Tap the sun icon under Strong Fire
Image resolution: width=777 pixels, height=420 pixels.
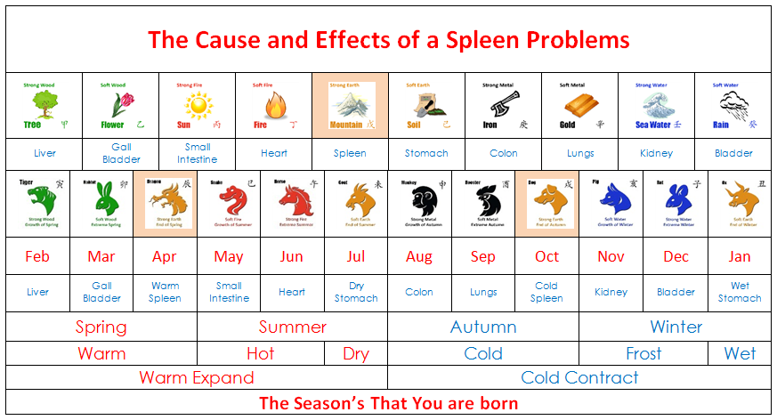[197, 106]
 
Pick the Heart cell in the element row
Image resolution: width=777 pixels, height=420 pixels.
[274, 153]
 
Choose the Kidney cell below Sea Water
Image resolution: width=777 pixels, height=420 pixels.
[656, 153]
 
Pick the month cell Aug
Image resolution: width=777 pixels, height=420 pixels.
[419, 256]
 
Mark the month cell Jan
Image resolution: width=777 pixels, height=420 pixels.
[740, 256]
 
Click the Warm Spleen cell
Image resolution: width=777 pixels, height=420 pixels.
[165, 292]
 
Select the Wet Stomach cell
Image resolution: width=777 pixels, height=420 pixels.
[740, 292]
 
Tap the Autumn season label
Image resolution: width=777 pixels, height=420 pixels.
[483, 327]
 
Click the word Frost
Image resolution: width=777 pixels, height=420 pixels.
[643, 353]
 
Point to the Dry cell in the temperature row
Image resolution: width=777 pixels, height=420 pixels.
[356, 353]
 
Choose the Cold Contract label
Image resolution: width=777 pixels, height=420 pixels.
[579, 377]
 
